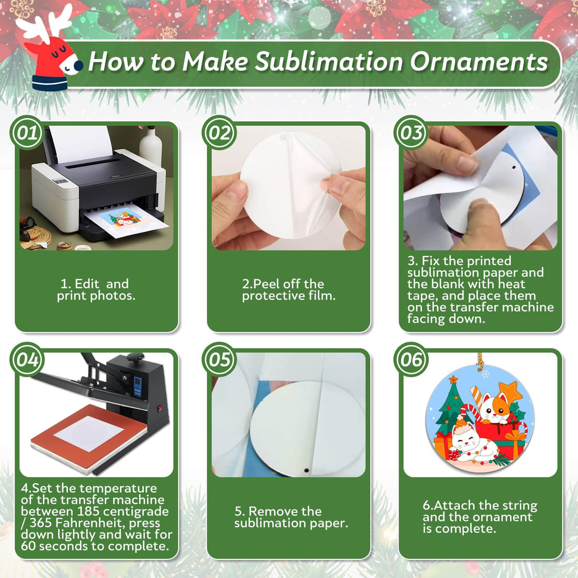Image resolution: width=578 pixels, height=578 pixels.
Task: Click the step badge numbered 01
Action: pos(27,133)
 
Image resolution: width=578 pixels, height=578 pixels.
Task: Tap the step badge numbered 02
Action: pos(219,133)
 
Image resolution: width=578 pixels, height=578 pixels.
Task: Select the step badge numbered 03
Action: pos(411,133)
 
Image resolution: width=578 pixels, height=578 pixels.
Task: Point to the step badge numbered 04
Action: pos(27,359)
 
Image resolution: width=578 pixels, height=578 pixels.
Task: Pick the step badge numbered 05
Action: pos(219,359)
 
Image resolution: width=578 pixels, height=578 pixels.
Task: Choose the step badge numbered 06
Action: pos(411,359)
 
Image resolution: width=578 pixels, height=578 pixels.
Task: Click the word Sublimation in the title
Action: pos(329,62)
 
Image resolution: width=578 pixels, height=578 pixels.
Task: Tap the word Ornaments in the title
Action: pos(478,62)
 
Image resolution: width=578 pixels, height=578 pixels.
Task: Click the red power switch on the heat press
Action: pos(160,408)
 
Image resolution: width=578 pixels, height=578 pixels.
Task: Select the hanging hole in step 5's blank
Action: pos(306,470)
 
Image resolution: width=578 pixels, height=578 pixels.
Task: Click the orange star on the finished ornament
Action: pos(510,392)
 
